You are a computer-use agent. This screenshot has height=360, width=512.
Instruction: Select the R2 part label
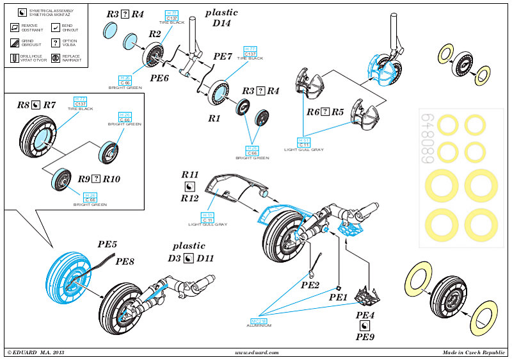[x=154, y=33]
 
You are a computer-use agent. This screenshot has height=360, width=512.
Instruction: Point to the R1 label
[x=214, y=119]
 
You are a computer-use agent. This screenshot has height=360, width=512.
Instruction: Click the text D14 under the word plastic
[x=218, y=24]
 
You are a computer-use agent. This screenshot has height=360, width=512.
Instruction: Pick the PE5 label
[x=107, y=244]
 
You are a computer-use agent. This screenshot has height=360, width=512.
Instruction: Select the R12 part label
[x=190, y=199]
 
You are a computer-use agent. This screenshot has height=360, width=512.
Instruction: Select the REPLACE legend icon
[x=56, y=58]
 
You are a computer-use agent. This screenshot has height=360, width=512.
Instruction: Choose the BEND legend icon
[x=56, y=28]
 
